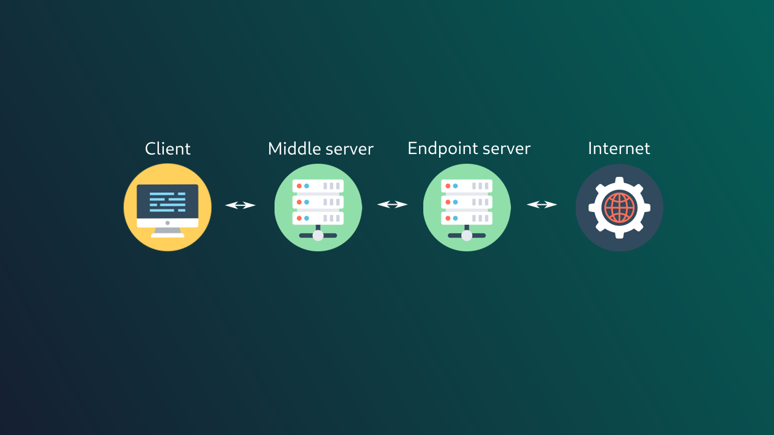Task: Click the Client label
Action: point(167,149)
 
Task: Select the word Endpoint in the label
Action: point(440,149)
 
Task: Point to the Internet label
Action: point(619,149)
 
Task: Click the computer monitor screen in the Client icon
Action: point(167,201)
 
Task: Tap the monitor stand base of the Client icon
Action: point(167,234)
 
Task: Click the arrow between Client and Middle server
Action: point(241,205)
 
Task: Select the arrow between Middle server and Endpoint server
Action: point(392,205)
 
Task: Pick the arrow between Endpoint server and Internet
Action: point(542,205)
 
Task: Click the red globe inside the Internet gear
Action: point(619,208)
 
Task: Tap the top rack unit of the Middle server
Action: point(318,186)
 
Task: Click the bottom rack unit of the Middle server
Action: point(318,218)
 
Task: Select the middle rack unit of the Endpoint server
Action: point(467,202)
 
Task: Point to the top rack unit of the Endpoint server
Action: point(467,186)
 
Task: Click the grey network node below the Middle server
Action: point(318,236)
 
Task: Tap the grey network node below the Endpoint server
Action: point(467,236)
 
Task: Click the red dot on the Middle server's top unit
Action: point(299,186)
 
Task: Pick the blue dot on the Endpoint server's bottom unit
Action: point(455,218)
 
